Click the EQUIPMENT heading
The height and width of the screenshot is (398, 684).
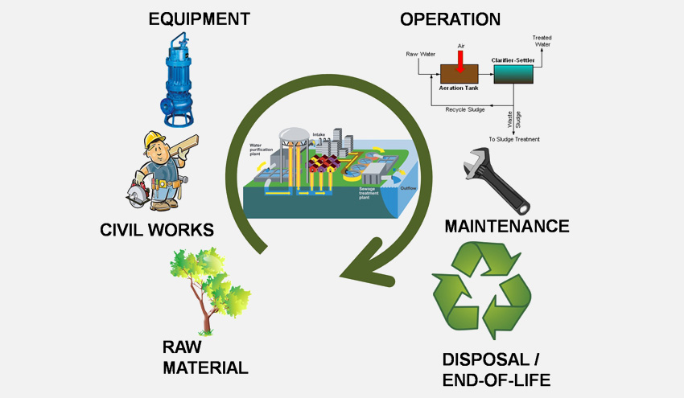pos(199,18)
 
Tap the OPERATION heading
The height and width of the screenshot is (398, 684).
pos(450,18)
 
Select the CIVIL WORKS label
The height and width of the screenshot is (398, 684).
pos(157,231)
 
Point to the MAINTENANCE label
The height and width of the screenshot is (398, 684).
pos(507,226)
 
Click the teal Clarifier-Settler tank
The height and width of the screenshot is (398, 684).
pos(513,74)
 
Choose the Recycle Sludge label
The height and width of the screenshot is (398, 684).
pos(464,109)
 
